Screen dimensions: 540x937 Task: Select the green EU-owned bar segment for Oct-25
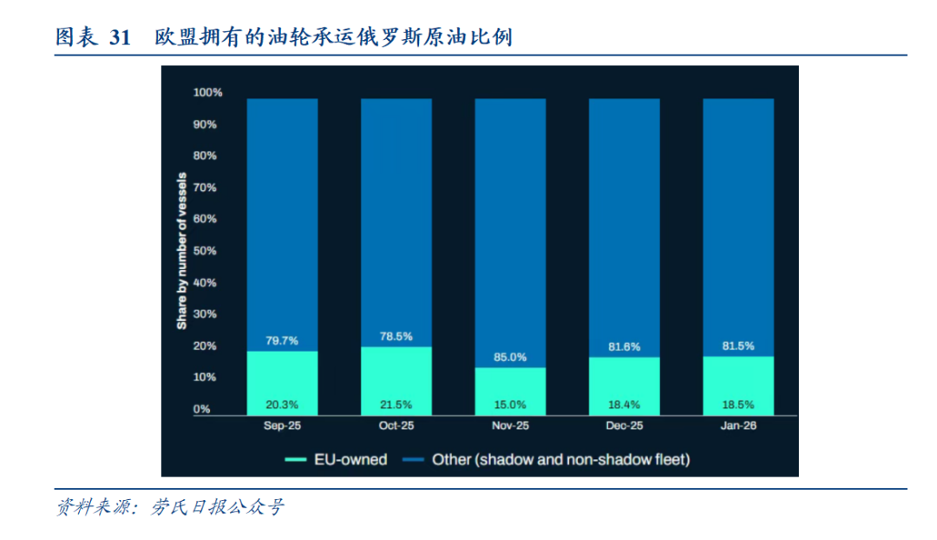396,379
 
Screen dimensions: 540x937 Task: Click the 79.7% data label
282,339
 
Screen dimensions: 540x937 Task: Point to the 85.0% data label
510,356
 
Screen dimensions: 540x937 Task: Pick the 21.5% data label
396,405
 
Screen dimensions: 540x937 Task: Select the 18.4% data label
624,405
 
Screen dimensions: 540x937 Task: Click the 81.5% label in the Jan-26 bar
737,346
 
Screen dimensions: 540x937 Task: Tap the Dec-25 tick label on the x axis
624,426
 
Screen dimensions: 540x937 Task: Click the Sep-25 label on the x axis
282,426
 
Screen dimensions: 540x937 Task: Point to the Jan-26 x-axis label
737,426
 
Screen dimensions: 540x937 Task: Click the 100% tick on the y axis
207,92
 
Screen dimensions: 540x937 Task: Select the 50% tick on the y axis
205,251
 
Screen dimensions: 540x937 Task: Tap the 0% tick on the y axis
201,409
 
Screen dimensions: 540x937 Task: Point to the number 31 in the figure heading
120,37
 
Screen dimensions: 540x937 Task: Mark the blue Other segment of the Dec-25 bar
624,217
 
